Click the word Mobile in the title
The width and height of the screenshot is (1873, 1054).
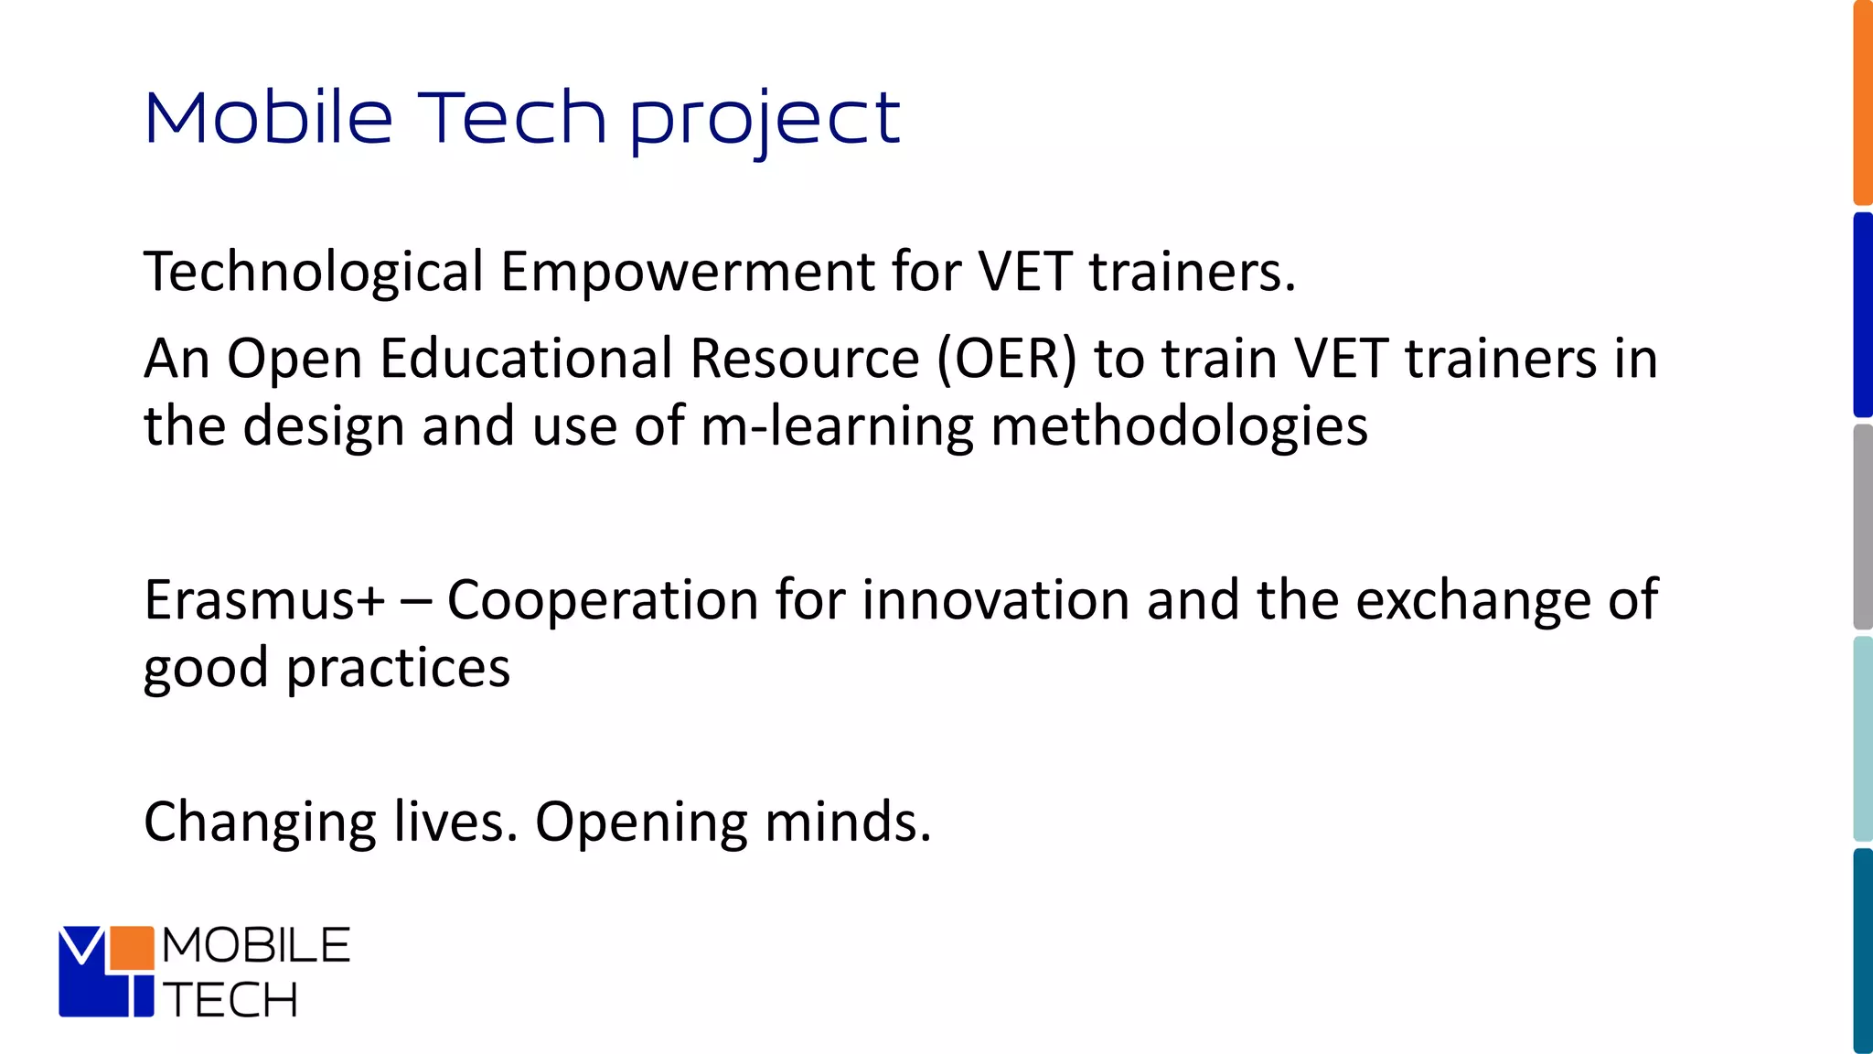point(268,118)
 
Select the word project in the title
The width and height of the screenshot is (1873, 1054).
point(765,120)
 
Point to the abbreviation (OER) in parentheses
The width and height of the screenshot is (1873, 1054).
point(1006,358)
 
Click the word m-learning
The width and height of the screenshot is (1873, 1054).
point(837,426)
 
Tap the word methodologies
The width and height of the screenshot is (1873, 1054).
point(1179,426)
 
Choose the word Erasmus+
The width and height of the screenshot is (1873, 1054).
point(264,600)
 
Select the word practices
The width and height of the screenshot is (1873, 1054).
point(398,668)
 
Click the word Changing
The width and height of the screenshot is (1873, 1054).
point(260,822)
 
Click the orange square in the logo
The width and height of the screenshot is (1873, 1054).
point(131,948)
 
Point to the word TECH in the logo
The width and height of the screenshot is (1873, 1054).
point(230,999)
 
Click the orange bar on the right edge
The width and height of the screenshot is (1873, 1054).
point(1863,102)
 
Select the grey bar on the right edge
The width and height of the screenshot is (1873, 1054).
point(1863,526)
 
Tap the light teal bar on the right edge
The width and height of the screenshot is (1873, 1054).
point(1863,738)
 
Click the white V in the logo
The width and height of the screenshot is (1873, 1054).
point(82,944)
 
